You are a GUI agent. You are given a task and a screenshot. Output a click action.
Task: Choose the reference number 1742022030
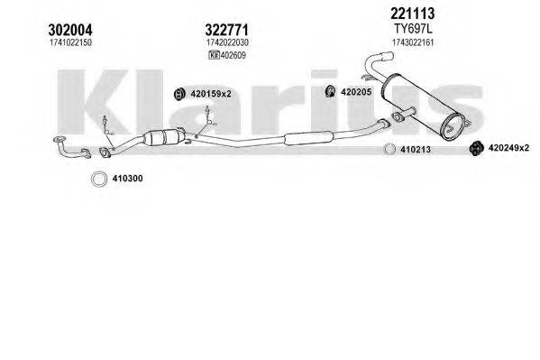click(x=226, y=43)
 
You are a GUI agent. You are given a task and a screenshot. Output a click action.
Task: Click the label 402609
click(x=233, y=56)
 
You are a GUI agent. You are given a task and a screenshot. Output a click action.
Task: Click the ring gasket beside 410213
click(x=391, y=149)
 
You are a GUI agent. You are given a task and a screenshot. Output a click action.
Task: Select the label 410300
click(x=127, y=179)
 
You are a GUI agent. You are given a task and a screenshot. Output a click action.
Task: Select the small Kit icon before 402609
click(x=214, y=56)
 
